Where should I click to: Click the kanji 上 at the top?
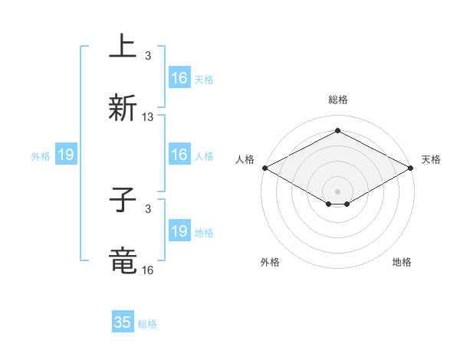(x=123, y=46)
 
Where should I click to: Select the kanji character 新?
(x=123, y=108)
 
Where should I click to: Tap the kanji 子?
(x=123, y=200)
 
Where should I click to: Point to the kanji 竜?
(x=123, y=261)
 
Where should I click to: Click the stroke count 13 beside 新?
(x=148, y=117)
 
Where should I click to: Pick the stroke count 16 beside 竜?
(x=148, y=270)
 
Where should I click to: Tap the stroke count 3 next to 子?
(x=148, y=208)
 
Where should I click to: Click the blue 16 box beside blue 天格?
(x=179, y=78)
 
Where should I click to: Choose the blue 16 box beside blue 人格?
(x=179, y=155)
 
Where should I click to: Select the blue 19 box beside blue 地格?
(x=179, y=231)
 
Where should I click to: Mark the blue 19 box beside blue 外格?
(x=66, y=155)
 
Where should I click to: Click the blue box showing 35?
(x=123, y=322)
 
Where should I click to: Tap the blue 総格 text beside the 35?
(x=148, y=324)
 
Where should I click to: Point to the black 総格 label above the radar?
(x=337, y=100)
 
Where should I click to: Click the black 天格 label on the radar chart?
(x=431, y=159)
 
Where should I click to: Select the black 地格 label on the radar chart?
(x=402, y=262)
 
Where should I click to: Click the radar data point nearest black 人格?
(x=264, y=168)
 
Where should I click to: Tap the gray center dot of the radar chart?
(x=337, y=190)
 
